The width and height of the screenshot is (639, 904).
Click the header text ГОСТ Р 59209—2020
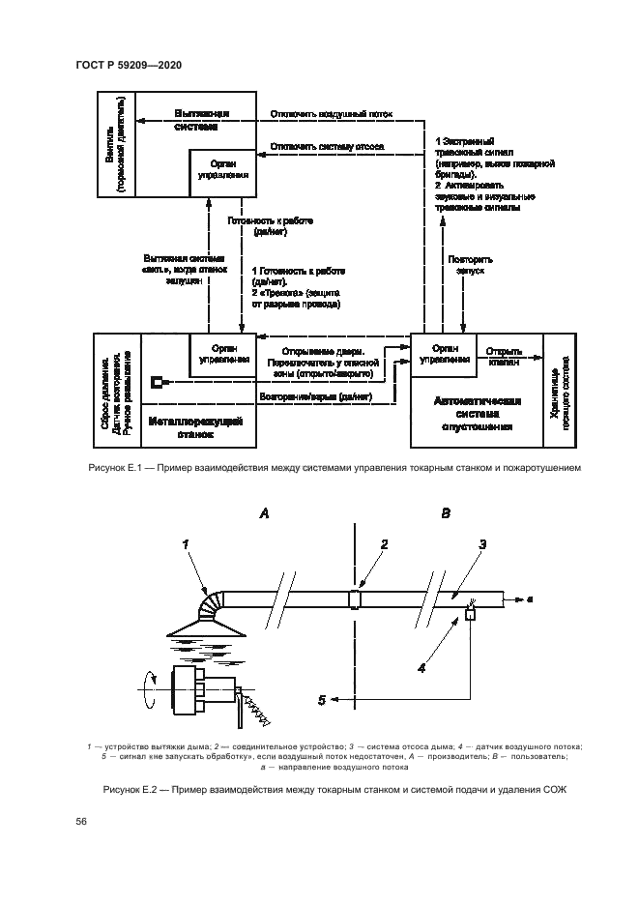129,65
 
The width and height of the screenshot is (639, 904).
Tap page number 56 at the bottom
81,822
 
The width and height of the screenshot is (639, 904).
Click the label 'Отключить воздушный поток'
333,113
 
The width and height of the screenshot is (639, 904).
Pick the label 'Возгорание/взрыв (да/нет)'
315,397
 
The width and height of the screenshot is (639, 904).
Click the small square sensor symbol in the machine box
157,383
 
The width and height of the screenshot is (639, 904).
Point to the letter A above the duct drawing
263,514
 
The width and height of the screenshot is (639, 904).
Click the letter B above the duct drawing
446,514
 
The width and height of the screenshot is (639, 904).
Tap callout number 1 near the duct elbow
184,546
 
